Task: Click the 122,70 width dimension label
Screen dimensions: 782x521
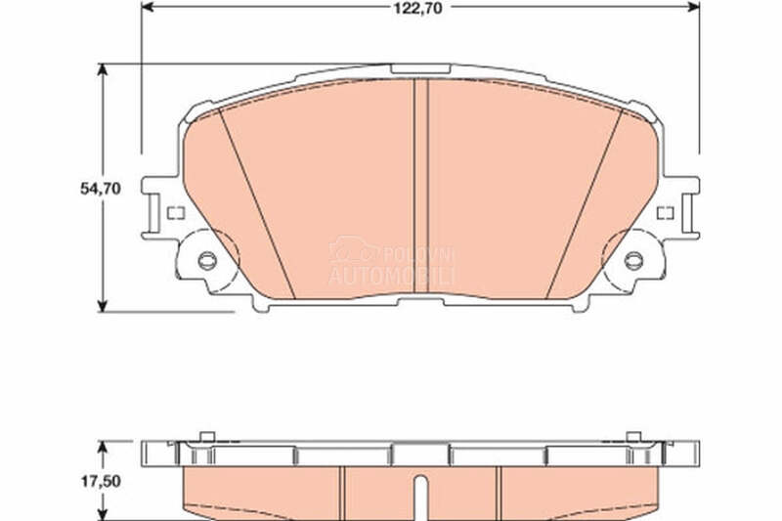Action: tap(418, 8)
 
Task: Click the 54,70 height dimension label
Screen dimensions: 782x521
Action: tap(101, 189)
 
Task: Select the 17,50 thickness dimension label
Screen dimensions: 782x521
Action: tap(101, 481)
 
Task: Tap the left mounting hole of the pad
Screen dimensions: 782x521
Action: tap(207, 260)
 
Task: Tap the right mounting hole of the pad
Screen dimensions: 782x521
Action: tap(633, 260)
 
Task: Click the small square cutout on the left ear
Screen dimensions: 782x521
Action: tap(176, 213)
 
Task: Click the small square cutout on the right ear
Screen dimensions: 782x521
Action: tap(666, 213)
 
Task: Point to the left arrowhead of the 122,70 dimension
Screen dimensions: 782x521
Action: tap(148, 7)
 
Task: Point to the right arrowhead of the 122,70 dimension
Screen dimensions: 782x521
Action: tap(694, 7)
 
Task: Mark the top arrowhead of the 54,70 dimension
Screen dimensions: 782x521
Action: tap(103, 69)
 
